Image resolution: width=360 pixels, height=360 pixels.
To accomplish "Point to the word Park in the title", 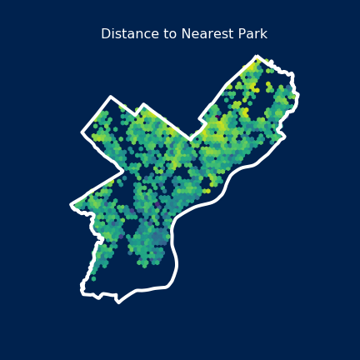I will (x=251, y=34).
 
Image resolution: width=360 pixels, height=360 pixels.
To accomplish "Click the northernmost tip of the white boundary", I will (x=257, y=57).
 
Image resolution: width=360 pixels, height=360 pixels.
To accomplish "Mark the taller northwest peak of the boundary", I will (x=110, y=97).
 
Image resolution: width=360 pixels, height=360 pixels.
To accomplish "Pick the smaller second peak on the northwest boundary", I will (x=143, y=105).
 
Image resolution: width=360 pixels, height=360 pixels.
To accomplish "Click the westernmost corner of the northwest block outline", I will (x=82, y=132).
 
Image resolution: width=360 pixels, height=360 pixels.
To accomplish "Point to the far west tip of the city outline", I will (x=72, y=204).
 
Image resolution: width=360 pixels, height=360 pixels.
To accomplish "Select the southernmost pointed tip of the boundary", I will (x=118, y=302).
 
